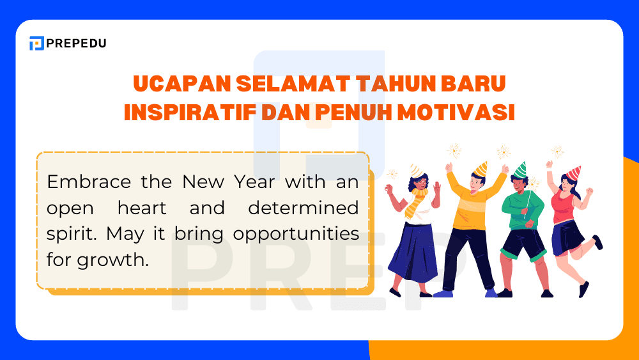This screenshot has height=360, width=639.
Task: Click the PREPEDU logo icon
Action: click(36, 43)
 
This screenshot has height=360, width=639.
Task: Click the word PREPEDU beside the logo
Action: click(77, 43)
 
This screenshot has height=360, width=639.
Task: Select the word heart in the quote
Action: click(142, 208)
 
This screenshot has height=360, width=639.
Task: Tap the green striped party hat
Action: click(521, 169)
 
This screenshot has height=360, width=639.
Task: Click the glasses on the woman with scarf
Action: click(417, 180)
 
